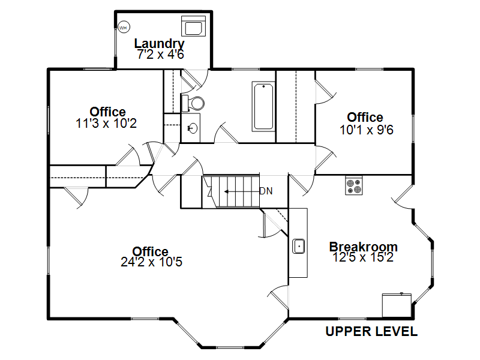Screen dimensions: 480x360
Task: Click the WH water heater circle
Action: pos(124,28)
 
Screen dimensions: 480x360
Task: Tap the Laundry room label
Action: pos(159,44)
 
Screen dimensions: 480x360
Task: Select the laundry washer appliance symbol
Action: pos(193,26)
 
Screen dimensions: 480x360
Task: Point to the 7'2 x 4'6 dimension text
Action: pos(160,55)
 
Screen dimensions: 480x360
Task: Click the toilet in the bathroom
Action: pos(193,103)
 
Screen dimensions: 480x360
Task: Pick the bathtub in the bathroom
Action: pos(263,107)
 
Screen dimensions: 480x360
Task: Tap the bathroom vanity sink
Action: pos(193,128)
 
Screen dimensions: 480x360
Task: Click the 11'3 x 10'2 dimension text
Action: pos(106,124)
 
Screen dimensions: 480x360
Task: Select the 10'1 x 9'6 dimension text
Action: pos(367,130)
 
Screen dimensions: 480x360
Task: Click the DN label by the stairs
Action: pos(266,191)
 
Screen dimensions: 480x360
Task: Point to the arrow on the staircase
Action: pos(242,191)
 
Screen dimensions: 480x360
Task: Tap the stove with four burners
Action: pos(354,185)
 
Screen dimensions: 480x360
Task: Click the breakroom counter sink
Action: pos(298,246)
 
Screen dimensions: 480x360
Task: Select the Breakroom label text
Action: pos(364,247)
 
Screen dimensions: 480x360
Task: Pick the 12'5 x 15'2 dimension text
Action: pos(363,257)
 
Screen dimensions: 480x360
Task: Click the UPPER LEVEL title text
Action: pos(371,332)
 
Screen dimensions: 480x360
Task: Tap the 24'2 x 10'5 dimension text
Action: pos(152,262)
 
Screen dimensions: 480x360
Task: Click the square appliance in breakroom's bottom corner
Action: pos(397,305)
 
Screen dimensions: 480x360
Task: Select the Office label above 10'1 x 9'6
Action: pos(365,117)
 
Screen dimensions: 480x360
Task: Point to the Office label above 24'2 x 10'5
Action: pos(151,251)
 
